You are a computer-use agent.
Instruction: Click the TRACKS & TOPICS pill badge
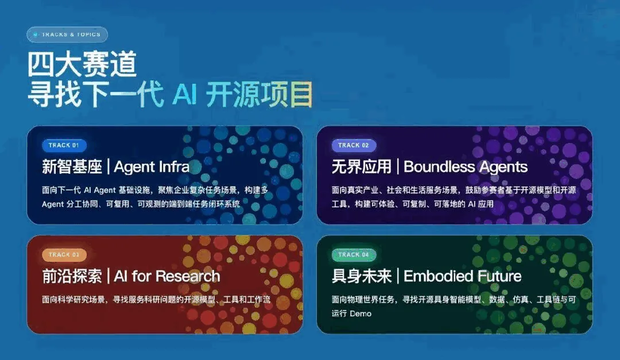coord(67,34)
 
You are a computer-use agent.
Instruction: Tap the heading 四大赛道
coord(82,64)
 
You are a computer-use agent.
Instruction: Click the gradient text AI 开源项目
coord(243,94)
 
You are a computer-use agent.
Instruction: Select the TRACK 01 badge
coord(64,145)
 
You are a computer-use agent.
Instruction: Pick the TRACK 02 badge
coord(354,145)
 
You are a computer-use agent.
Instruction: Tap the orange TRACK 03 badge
coord(64,255)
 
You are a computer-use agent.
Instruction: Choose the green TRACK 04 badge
coord(354,255)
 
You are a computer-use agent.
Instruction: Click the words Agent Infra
coord(152,167)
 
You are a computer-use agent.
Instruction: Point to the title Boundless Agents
coord(466,167)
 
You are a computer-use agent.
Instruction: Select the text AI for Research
coord(167,276)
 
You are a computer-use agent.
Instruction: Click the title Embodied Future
coord(462,276)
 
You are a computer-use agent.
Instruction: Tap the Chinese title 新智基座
coord(72,167)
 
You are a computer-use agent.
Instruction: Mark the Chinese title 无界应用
coord(362,167)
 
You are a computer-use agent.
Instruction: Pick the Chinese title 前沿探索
coord(72,276)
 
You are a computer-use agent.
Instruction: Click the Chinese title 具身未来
coord(362,276)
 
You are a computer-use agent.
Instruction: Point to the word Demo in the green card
coord(361,313)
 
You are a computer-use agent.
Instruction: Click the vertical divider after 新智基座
coord(108,167)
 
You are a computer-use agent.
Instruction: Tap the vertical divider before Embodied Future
coord(398,276)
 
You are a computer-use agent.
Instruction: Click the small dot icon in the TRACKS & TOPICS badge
coord(36,34)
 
